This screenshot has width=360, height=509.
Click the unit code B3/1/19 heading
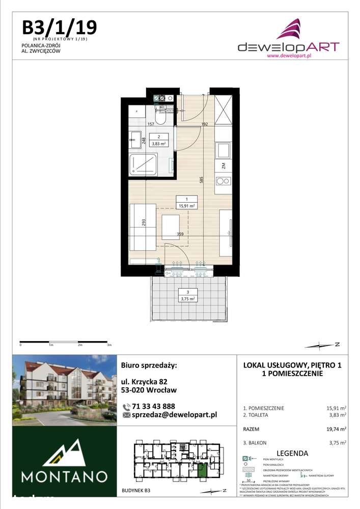click(x=59, y=26)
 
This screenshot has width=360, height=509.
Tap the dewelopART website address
click(x=289, y=56)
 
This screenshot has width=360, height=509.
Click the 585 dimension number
click(x=202, y=179)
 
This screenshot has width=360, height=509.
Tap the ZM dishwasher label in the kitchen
click(x=224, y=165)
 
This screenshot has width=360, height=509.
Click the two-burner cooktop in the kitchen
click(x=223, y=180)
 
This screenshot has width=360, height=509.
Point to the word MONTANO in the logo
click(x=64, y=477)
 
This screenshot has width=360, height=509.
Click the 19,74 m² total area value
click(x=337, y=429)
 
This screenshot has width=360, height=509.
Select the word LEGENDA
click(x=292, y=453)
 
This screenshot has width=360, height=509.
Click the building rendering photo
click(x=64, y=389)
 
